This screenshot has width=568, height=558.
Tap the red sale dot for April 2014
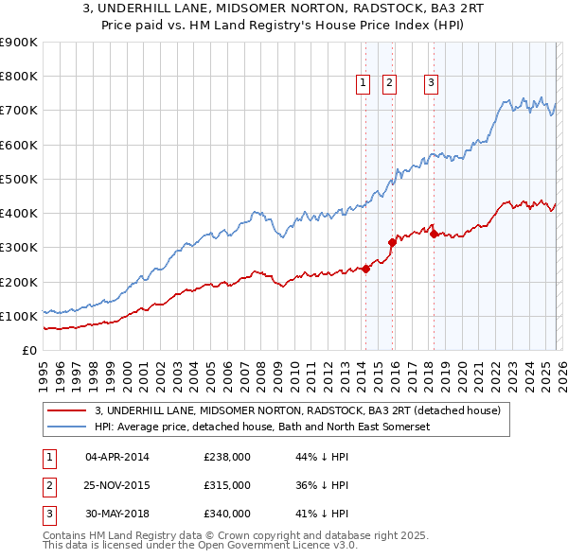tap(365, 269)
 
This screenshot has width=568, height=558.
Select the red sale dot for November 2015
tap(392, 242)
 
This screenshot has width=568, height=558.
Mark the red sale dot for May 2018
tap(434, 234)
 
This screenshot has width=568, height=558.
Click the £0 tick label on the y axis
tap(28, 350)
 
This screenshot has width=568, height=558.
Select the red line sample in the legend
tap(68, 410)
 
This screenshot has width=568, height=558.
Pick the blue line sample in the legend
tap(68, 427)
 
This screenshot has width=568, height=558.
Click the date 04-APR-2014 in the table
tap(116, 457)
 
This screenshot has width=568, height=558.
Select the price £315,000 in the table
tap(226, 485)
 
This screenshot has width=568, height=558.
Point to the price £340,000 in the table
tap(226, 514)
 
